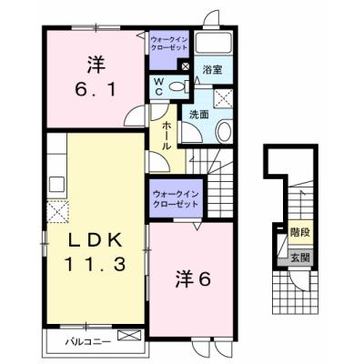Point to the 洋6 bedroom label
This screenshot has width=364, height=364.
[192, 278]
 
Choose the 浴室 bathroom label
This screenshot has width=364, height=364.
[211, 69]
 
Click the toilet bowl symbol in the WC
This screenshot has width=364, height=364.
[177, 87]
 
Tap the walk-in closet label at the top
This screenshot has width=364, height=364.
[168, 43]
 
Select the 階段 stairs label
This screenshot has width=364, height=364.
[297, 233]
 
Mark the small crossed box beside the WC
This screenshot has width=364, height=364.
[186, 66]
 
